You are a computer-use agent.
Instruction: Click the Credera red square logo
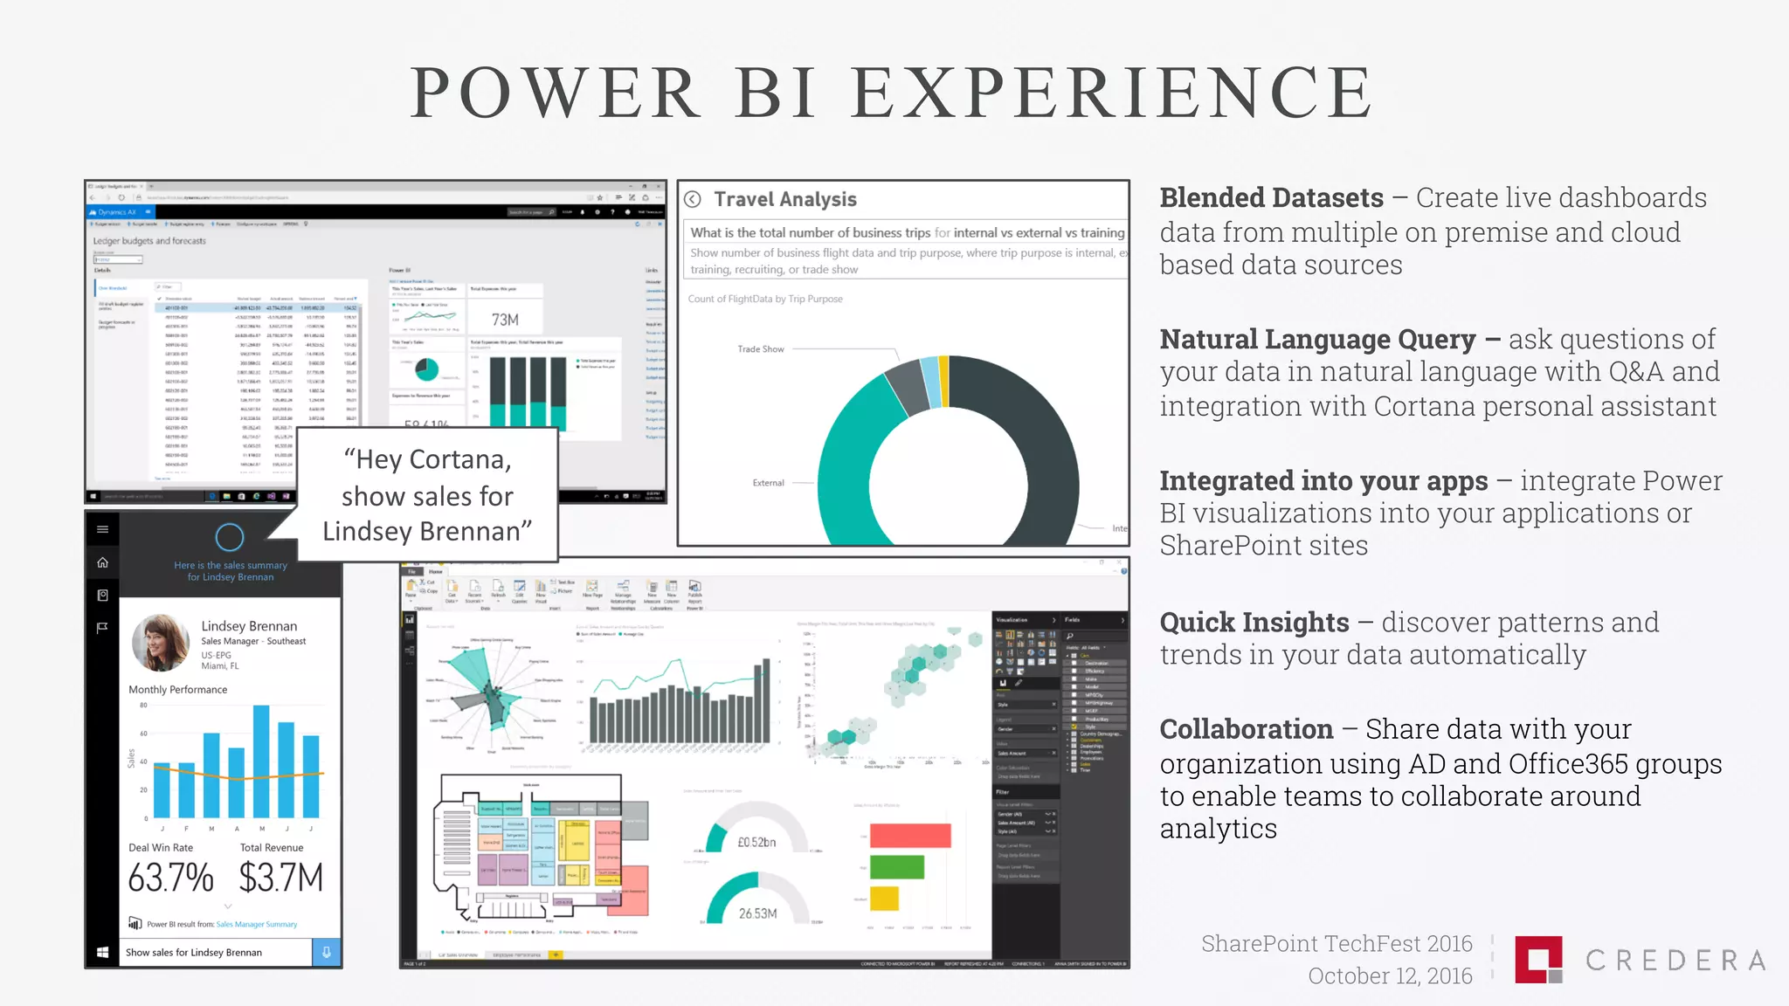pos(1537,959)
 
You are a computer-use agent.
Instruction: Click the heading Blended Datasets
pos(1271,198)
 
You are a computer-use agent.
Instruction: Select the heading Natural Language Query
pos(1317,340)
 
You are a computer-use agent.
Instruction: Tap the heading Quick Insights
pos(1254,623)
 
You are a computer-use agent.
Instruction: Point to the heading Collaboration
pos(1246,729)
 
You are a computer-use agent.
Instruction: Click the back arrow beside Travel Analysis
pos(693,199)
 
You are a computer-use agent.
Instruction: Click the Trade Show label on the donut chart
pos(760,349)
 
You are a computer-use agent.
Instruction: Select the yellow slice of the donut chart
pos(943,381)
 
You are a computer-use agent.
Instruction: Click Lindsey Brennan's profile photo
pos(161,643)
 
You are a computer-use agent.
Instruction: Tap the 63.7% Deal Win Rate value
pos(170,878)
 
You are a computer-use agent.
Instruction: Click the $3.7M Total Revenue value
pos(280,878)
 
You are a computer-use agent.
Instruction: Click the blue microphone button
pos(326,952)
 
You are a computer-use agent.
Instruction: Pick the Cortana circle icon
pos(230,537)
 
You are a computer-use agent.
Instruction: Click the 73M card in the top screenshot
pos(505,320)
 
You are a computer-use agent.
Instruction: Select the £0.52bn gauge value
pos(756,842)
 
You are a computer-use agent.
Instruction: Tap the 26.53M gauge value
pos(757,913)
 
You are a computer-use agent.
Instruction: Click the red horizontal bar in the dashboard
pos(909,836)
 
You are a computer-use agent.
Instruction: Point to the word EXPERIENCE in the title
pos(1111,93)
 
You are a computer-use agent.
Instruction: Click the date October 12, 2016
pos(1389,976)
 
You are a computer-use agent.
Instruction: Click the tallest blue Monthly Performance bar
pos(261,760)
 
